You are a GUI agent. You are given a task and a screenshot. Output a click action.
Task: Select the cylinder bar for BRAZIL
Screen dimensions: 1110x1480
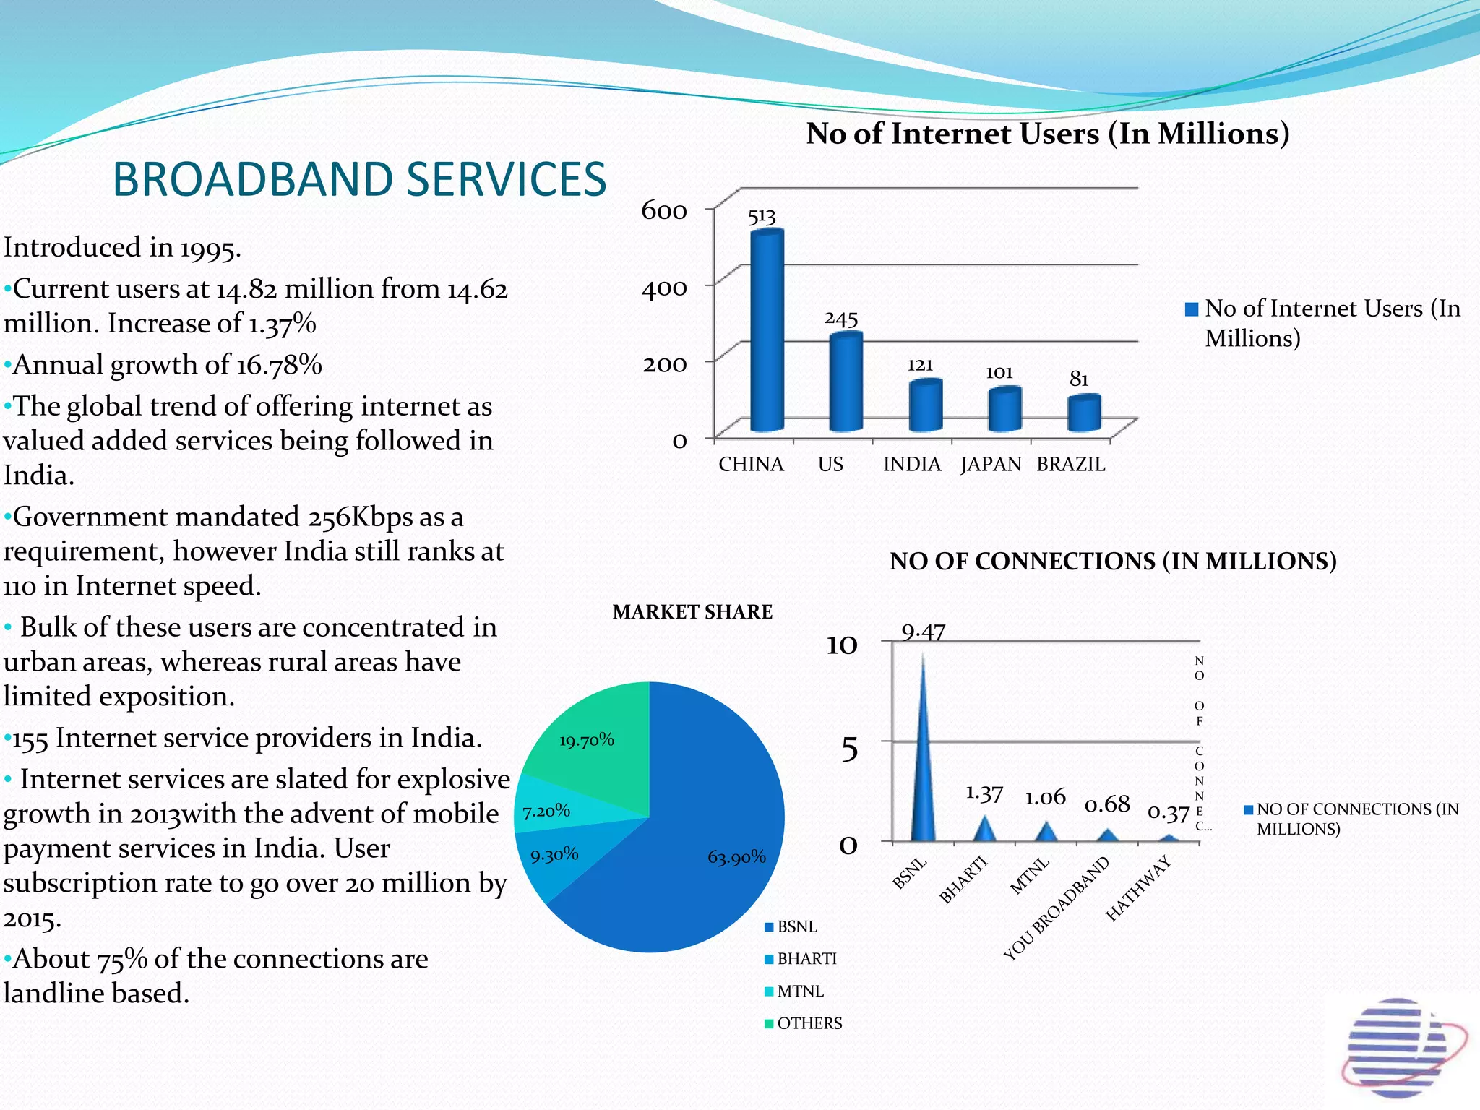point(1084,414)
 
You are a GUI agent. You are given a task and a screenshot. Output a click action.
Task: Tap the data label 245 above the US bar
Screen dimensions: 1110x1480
point(841,319)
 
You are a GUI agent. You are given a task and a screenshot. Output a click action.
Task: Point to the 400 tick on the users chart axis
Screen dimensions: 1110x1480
point(664,288)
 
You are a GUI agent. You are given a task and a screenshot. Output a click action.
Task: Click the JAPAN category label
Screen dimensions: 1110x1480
point(991,465)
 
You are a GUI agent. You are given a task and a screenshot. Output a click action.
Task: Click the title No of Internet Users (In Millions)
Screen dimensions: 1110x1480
point(1047,134)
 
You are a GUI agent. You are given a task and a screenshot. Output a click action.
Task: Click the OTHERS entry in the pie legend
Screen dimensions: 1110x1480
point(809,1023)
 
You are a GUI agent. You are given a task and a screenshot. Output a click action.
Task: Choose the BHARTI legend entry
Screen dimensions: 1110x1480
point(806,959)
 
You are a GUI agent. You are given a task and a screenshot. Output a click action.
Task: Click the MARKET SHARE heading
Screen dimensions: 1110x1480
point(692,612)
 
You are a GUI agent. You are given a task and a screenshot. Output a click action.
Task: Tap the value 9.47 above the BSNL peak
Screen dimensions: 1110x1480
point(923,632)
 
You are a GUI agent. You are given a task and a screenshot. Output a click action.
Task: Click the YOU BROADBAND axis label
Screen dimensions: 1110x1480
point(1057,908)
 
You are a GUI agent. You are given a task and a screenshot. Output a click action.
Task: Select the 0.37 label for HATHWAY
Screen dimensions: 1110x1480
point(1168,813)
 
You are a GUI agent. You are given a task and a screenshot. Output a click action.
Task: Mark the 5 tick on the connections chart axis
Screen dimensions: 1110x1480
point(850,749)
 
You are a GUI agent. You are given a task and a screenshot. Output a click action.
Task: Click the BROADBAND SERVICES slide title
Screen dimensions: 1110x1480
point(359,179)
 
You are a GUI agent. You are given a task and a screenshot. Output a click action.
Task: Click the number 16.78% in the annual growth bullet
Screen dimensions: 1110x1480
point(279,365)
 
